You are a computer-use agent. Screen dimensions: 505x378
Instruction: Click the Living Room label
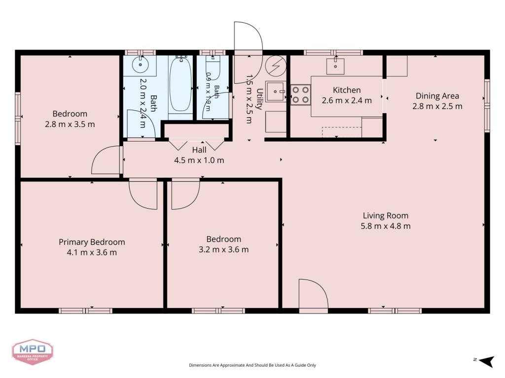pyautogui.click(x=386, y=216)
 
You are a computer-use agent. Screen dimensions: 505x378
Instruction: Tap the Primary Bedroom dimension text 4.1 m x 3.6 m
pyautogui.click(x=92, y=252)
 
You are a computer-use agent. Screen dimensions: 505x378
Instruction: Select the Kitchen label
pyautogui.click(x=347, y=91)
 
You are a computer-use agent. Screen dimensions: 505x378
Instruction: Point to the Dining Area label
pyautogui.click(x=437, y=96)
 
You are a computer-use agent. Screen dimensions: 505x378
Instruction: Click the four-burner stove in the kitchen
pyautogui.click(x=300, y=95)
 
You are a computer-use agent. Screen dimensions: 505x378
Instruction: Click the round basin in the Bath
pyautogui.click(x=140, y=64)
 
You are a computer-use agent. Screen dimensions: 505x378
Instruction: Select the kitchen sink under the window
pyautogui.click(x=335, y=66)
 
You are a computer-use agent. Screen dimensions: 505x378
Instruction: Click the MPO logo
pyautogui.click(x=33, y=351)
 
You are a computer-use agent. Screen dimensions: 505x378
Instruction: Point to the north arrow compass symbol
pyautogui.click(x=486, y=361)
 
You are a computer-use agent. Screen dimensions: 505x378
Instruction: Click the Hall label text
pyautogui.click(x=199, y=150)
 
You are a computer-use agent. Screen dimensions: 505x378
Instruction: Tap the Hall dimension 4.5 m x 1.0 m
pyautogui.click(x=199, y=160)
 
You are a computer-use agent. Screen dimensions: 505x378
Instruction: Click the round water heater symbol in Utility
pyautogui.click(x=276, y=65)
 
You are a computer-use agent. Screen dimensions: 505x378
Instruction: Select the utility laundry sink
pyautogui.click(x=276, y=92)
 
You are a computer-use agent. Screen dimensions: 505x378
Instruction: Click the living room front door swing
pyautogui.click(x=313, y=294)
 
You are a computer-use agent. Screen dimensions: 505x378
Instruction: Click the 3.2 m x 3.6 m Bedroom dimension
pyautogui.click(x=223, y=250)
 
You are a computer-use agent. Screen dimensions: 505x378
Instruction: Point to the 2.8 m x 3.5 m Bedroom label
pyautogui.click(x=70, y=114)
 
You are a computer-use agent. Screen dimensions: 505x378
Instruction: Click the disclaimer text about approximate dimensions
pyautogui.click(x=252, y=365)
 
